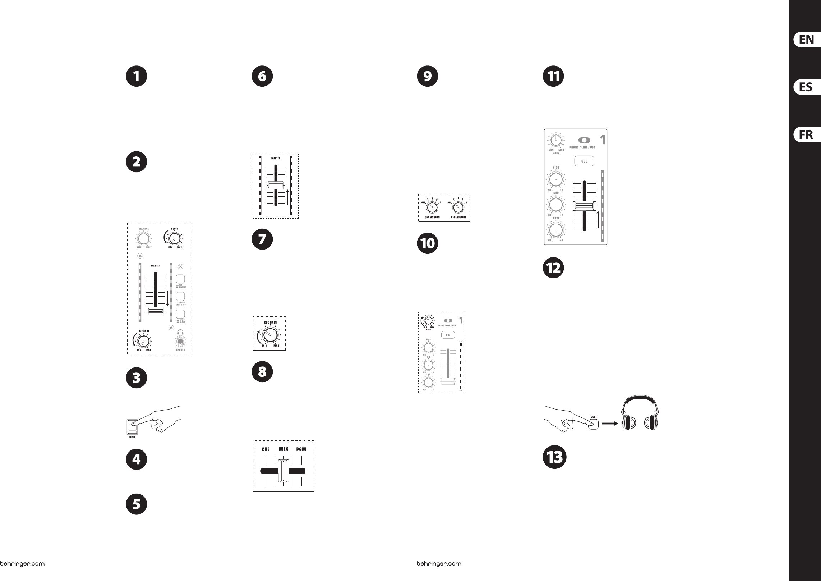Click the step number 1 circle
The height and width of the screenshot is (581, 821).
[137, 76]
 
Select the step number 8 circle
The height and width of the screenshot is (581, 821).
[262, 371]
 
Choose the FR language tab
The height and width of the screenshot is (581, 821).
[807, 134]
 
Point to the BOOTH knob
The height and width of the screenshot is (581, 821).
[174, 238]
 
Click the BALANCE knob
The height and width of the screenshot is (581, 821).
[143, 238]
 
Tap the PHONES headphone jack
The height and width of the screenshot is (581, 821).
[180, 341]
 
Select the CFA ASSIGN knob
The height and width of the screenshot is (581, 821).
[432, 207]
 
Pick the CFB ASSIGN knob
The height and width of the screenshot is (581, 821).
[458, 207]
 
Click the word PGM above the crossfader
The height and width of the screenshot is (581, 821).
[301, 449]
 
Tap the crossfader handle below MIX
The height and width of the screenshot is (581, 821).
[283, 471]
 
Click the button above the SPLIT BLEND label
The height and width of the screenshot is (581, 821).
[180, 314]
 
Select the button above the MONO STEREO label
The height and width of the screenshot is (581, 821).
[180, 296]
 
